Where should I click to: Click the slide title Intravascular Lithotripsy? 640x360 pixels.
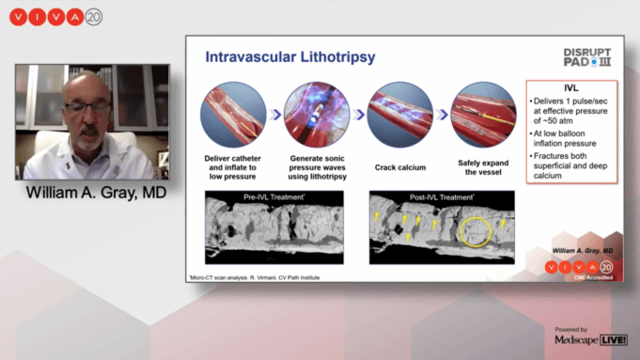[x=290, y=57]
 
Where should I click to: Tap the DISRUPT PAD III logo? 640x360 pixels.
[x=587, y=57]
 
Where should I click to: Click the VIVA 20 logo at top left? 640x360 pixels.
[x=55, y=18]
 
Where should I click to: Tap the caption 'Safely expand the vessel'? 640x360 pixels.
[x=483, y=170]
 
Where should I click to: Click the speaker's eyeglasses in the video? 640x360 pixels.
[x=86, y=108]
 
